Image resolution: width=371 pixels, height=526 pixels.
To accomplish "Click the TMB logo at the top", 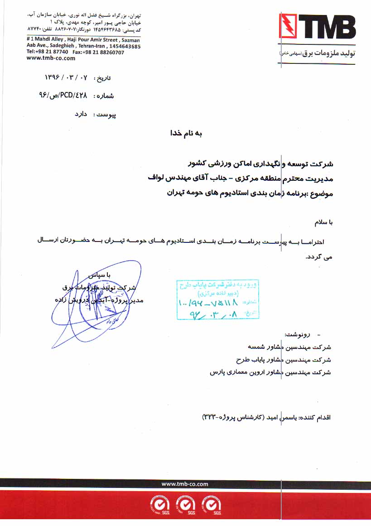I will pyautogui.click(x=317, y=27).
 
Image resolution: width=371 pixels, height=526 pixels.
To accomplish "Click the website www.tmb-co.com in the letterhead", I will pyautogui.click(x=44, y=58).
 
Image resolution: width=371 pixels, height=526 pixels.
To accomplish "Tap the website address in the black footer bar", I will pyautogui.click(x=185, y=484).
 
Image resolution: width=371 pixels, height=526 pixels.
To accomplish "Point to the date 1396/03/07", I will pyautogui.click(x=66, y=77).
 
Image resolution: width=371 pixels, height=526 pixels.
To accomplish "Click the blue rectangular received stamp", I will pyautogui.click(x=218, y=299).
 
